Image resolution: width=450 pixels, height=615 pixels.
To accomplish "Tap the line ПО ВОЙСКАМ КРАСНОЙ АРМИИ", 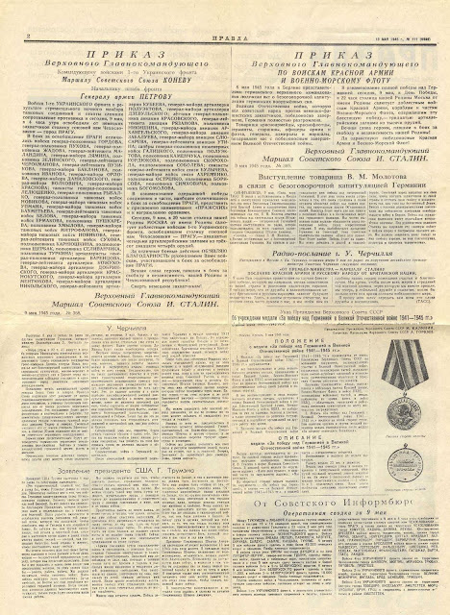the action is (x=332, y=70).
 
